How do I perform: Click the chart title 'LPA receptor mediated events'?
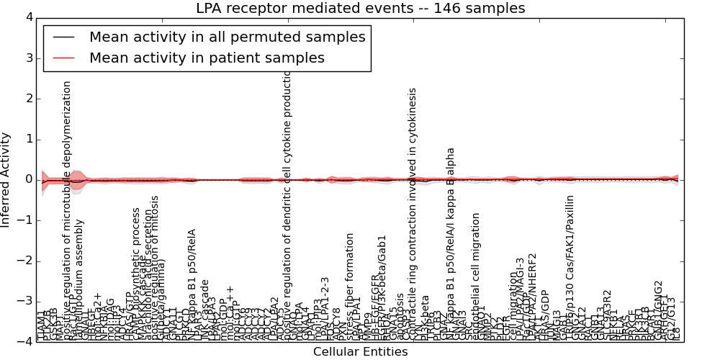[x=360, y=9]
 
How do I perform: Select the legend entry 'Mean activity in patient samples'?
[x=207, y=58]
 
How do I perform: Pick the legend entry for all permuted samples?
[x=227, y=37]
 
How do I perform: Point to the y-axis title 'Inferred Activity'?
[x=6, y=179]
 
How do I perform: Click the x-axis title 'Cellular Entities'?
[x=360, y=352]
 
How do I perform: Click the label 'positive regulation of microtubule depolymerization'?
[x=68, y=209]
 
